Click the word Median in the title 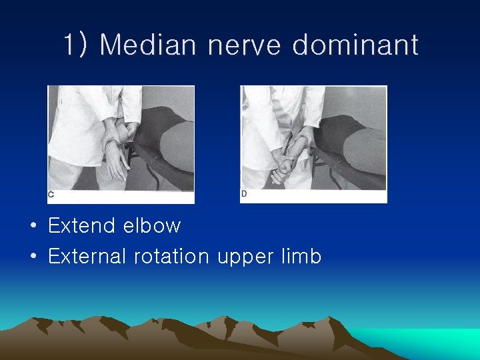coord(148,45)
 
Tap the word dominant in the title coord(355,45)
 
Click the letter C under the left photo coord(51,195)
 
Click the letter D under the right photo coord(244,194)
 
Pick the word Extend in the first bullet coord(81,226)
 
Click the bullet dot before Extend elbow coord(33,227)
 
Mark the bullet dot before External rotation coord(33,257)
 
